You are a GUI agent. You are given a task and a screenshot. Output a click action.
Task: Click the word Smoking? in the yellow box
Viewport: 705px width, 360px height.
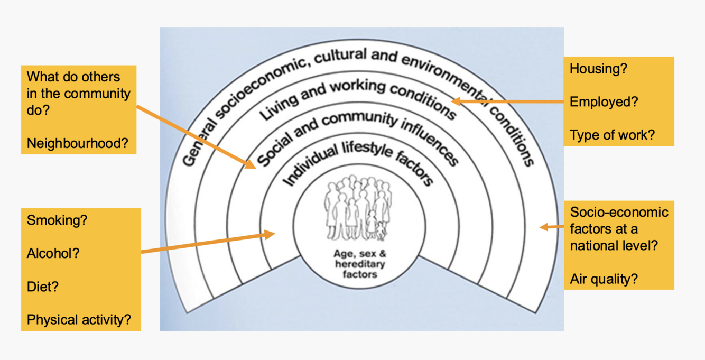(57, 220)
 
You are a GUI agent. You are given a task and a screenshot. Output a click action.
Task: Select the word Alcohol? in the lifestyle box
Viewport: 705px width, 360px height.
(53, 253)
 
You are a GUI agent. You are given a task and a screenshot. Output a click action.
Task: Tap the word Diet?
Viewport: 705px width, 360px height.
(43, 287)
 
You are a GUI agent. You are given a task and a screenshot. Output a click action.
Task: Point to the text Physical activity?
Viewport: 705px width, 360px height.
(79, 320)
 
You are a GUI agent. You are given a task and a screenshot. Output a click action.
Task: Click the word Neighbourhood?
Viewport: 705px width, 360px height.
(78, 143)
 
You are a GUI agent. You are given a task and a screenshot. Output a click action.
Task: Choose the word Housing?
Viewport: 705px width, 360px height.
(598, 69)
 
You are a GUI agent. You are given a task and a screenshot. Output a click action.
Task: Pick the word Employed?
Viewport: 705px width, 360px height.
(604, 102)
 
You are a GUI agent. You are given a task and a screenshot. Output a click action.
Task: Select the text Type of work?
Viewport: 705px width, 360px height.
(612, 135)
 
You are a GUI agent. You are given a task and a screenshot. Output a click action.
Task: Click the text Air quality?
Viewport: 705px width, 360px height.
(604, 279)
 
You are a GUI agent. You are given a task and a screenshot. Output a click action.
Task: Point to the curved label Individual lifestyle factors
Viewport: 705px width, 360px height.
(358, 162)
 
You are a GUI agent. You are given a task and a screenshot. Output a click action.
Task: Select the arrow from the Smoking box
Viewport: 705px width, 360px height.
(208, 243)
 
